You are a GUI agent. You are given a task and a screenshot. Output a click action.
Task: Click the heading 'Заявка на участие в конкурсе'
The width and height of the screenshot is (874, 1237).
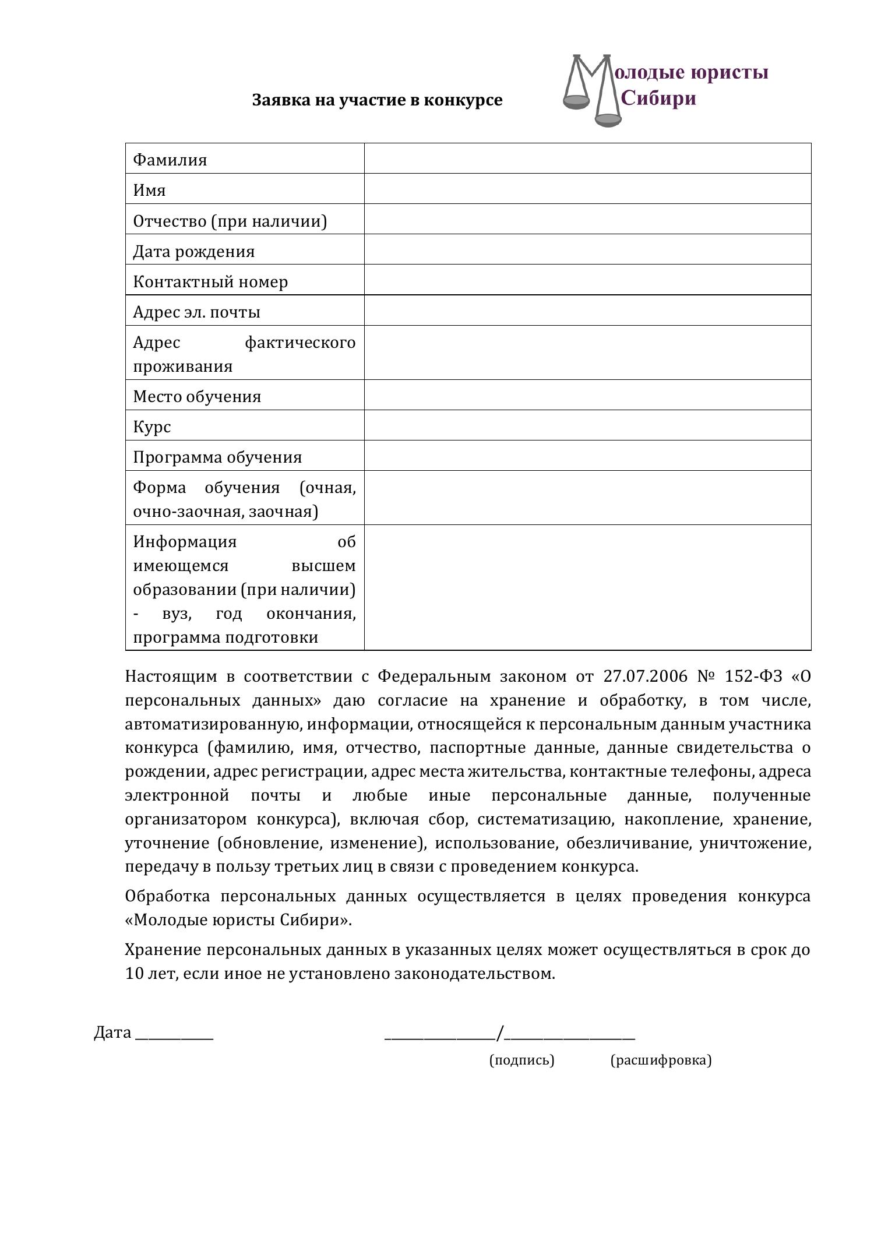(377, 100)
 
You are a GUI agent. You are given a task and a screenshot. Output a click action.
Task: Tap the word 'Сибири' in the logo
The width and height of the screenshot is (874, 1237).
(658, 98)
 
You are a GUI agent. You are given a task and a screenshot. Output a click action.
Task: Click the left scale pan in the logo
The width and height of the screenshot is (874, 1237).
(577, 102)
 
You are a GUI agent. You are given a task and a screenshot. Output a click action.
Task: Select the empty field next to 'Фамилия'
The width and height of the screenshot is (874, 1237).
(587, 158)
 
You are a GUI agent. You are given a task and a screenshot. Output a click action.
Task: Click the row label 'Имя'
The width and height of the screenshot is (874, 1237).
(150, 190)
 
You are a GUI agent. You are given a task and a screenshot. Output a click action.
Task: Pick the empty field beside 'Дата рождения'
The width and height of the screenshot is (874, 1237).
(587, 250)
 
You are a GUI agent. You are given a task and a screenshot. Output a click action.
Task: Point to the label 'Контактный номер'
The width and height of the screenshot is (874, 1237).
(210, 281)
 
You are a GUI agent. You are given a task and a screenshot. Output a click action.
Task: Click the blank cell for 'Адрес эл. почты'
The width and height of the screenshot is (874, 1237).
(587, 311)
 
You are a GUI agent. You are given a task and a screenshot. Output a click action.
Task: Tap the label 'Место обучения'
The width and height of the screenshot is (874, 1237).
(197, 396)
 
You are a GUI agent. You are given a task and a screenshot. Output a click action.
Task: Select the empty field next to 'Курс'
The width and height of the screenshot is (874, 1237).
(587, 425)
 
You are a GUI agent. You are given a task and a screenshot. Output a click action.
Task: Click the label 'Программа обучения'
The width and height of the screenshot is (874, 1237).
(217, 457)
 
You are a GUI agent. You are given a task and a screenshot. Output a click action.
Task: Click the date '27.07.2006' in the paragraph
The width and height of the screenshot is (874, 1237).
(638, 676)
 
